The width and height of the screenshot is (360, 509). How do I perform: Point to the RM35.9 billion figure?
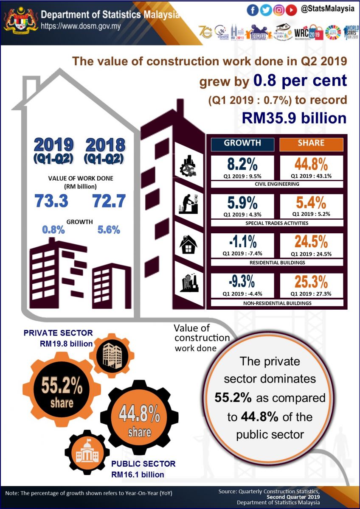pyautogui.click(x=294, y=117)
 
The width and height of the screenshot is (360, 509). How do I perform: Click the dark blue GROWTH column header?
pyautogui.click(x=242, y=143)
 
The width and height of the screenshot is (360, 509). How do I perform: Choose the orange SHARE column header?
pyautogui.click(x=311, y=143)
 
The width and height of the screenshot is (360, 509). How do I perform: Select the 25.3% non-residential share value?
pyautogui.click(x=311, y=282)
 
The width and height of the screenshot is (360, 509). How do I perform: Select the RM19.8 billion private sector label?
pyautogui.click(x=63, y=344)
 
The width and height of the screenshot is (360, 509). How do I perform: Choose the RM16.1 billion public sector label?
pyautogui.click(x=138, y=474)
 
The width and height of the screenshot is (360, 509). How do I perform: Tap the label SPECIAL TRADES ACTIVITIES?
pyautogui.click(x=277, y=223)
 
